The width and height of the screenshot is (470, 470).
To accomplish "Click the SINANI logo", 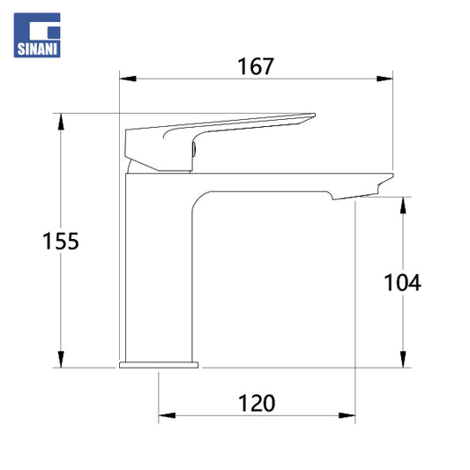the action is click(x=37, y=35).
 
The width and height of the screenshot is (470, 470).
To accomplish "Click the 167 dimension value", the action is click(x=256, y=66).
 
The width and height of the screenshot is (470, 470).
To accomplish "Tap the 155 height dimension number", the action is click(x=61, y=241).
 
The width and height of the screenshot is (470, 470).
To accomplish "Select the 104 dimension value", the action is click(x=402, y=282).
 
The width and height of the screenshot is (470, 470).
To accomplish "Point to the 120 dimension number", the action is click(x=257, y=404).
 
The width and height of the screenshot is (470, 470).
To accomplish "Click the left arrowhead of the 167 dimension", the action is click(x=128, y=78).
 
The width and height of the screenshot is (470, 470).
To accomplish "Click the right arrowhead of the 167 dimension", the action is click(x=384, y=78).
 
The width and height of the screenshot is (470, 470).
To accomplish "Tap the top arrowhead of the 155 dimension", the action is click(x=61, y=122).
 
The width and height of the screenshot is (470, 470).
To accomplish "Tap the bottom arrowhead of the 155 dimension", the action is click(x=61, y=359).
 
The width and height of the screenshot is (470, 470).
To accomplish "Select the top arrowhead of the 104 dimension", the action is click(x=403, y=205).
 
